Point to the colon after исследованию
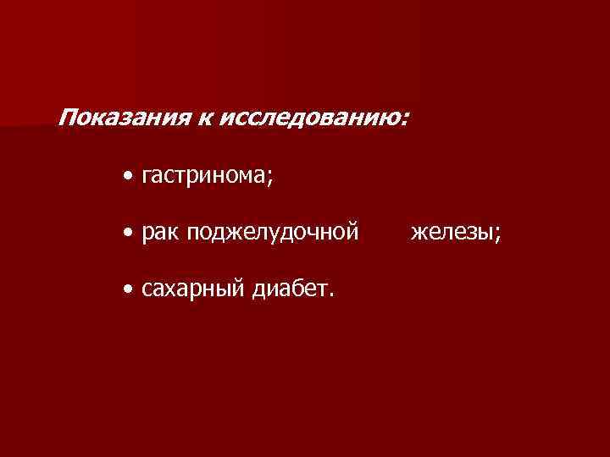tap(402, 118)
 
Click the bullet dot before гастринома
tap(126, 176)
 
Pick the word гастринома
tap(202, 176)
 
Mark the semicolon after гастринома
tap(269, 179)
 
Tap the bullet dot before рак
tap(126, 231)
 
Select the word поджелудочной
tap(273, 232)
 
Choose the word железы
tap(452, 231)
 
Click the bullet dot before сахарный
tap(126, 290)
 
